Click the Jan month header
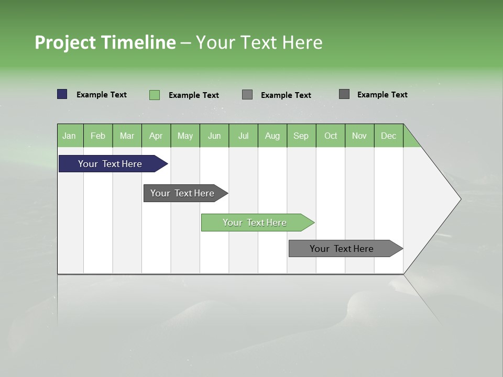click(70, 136)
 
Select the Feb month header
click(98, 136)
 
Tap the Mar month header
click(127, 136)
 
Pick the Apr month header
click(156, 136)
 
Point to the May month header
click(185, 136)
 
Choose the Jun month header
click(214, 136)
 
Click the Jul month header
click(243, 136)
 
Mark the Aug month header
click(272, 136)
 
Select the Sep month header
click(301, 136)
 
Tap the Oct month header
click(331, 136)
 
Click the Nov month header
click(359, 136)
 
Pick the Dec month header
click(388, 136)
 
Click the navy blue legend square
click(62, 94)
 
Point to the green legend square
click(155, 95)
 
